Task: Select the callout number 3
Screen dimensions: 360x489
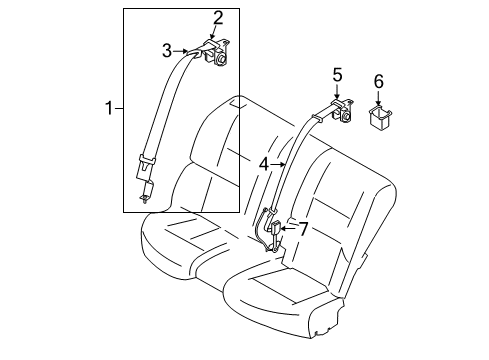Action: pos(169,48)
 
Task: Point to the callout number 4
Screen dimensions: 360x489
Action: pos(264,163)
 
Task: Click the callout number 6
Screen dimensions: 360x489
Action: pos(378,80)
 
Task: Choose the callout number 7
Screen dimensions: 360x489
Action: pos(304,229)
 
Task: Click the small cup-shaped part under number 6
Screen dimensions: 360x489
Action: pos(379,119)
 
